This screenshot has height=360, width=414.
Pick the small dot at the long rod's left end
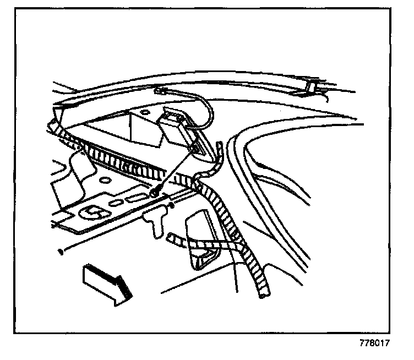point(59,253)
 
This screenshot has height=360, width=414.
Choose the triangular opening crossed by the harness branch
point(202,242)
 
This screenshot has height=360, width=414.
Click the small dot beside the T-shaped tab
point(172,207)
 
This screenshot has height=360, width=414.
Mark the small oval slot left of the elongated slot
point(117,203)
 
